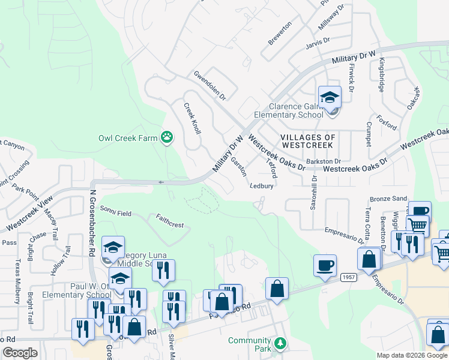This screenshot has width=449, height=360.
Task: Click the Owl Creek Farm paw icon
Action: click(x=167, y=137)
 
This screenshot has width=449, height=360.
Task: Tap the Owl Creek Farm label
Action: click(x=128, y=138)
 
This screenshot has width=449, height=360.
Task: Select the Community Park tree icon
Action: click(x=279, y=344)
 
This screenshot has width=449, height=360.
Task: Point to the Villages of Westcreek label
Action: click(x=308, y=141)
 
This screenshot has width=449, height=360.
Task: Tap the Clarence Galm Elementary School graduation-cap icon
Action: click(x=330, y=97)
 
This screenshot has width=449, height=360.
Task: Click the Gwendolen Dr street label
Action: click(x=209, y=85)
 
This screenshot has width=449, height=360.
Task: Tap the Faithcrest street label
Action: click(x=169, y=221)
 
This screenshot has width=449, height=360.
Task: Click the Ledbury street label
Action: click(x=262, y=186)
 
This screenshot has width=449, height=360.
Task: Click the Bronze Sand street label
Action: click(x=388, y=199)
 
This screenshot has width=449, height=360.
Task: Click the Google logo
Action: click(x=20, y=352)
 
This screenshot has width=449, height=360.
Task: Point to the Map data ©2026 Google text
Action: click(x=412, y=355)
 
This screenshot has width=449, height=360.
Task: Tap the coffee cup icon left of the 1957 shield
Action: click(x=325, y=266)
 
